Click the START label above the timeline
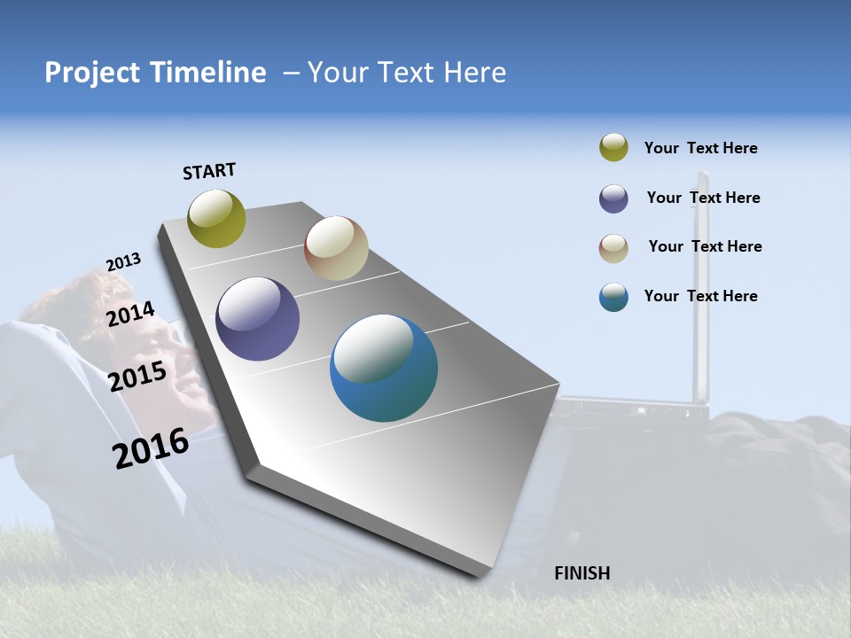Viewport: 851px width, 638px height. (209, 171)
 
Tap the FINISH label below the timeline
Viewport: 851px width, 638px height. (582, 573)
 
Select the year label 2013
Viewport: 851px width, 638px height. (123, 262)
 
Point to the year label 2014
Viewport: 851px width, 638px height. (130, 315)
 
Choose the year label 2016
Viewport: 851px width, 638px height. (151, 448)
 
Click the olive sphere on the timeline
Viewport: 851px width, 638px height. (216, 219)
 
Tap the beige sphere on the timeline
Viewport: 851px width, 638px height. (336, 248)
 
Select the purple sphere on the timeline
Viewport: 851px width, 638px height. (257, 319)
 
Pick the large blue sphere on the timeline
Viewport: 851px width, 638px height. (384, 368)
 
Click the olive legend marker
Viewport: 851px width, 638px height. (613, 148)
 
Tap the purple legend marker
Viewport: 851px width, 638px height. (613, 198)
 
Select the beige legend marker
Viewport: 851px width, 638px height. (613, 248)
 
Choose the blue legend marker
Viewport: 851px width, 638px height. (613, 297)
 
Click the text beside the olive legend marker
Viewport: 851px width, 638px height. (700, 149)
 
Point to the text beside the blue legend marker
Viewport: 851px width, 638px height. (700, 296)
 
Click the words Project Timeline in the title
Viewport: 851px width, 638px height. (155, 73)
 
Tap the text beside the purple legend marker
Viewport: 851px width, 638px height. (703, 198)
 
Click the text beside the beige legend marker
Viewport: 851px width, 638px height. (705, 246)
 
